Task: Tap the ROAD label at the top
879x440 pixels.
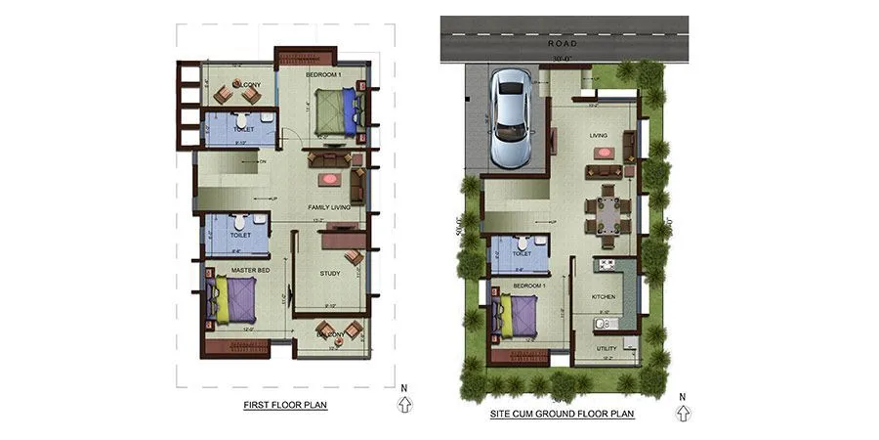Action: click(x=564, y=44)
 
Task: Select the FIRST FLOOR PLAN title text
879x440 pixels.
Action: click(x=285, y=404)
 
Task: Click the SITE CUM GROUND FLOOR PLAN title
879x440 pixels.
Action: click(x=562, y=414)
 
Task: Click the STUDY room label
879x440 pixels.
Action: click(x=330, y=273)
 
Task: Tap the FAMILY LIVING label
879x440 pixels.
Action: click(x=328, y=207)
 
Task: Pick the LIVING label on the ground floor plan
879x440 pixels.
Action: click(x=599, y=135)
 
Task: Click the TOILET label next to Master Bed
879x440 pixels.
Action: click(x=240, y=235)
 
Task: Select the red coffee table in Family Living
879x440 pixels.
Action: click(x=329, y=180)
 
